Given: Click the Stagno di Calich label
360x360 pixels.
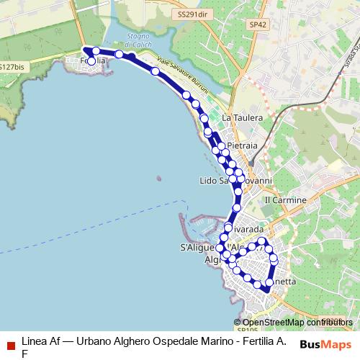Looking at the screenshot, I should pyautogui.click(x=136, y=48).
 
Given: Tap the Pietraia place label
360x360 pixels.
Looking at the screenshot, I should pyautogui.click(x=241, y=145).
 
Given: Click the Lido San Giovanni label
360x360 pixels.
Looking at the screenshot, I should pyautogui.click(x=235, y=181).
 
